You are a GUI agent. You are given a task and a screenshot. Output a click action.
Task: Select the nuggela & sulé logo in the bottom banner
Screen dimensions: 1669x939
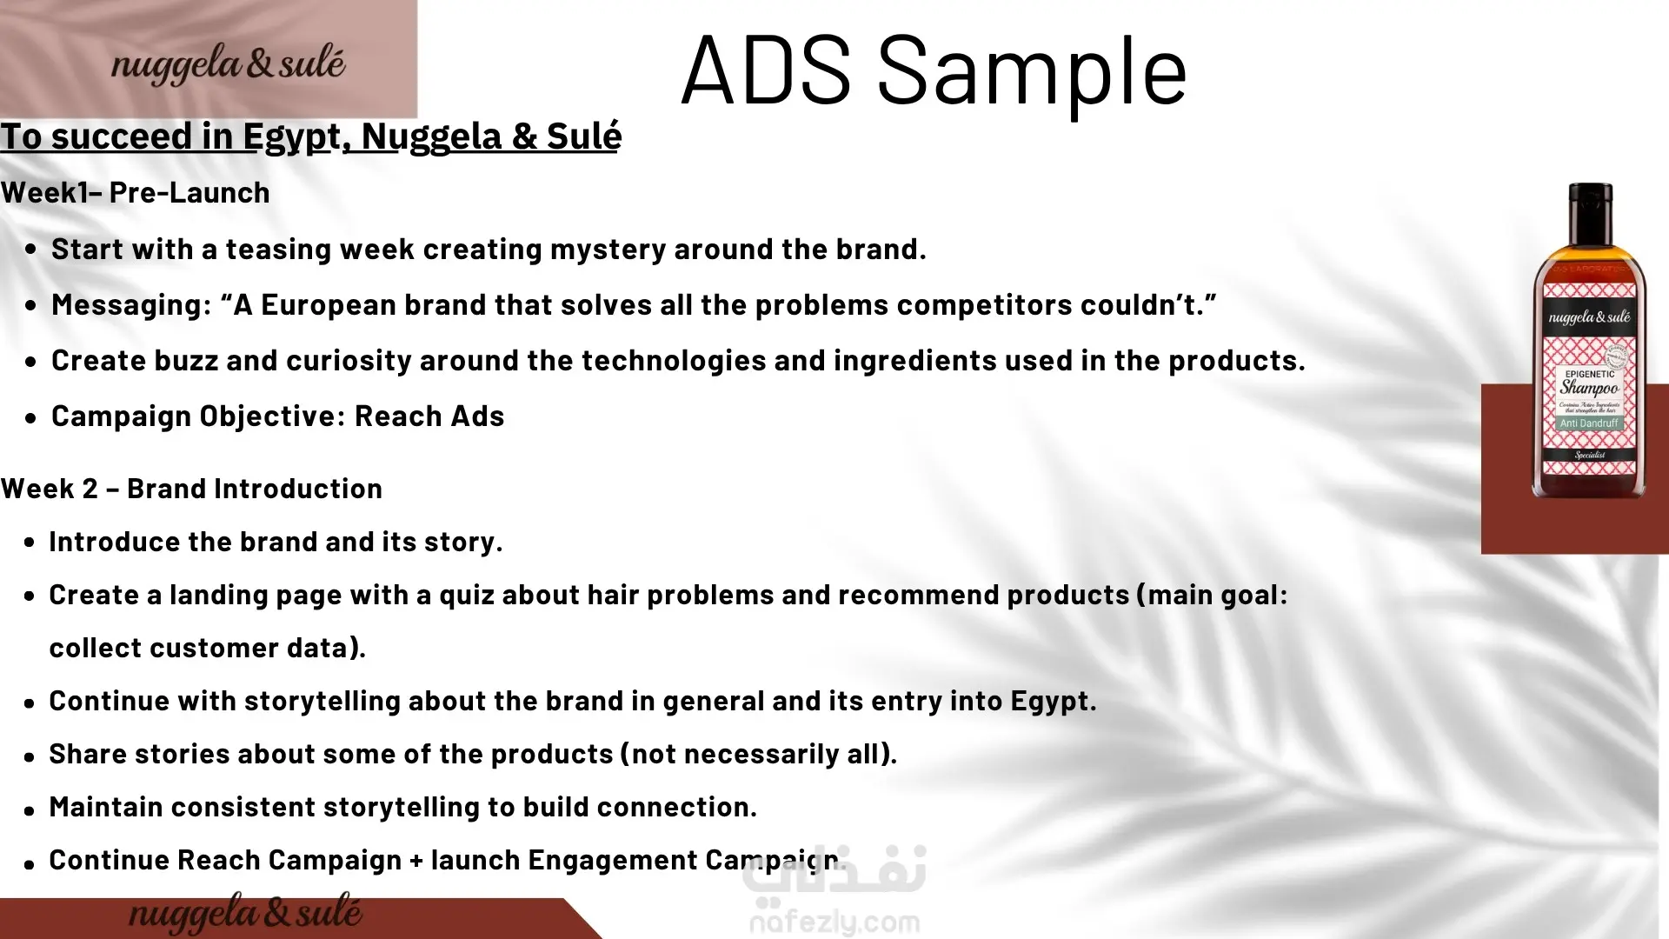(x=245, y=913)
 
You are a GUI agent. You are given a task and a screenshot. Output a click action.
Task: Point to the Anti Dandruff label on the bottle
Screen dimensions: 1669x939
(x=1589, y=423)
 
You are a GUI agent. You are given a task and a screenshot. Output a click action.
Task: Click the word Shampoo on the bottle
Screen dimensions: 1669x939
(x=1589, y=388)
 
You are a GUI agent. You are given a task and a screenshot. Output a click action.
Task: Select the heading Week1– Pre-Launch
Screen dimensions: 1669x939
(x=136, y=192)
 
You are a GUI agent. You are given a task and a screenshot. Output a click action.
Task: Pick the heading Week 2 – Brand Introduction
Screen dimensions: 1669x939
(x=191, y=489)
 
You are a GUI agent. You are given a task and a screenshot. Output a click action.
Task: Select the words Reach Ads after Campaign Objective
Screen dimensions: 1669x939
(x=429, y=416)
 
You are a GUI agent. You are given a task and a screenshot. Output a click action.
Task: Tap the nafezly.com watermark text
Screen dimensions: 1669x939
(x=834, y=922)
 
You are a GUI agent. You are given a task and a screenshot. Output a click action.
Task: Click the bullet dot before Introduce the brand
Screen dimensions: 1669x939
(x=30, y=543)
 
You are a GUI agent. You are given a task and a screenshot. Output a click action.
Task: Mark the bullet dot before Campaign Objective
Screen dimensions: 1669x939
(x=31, y=418)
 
